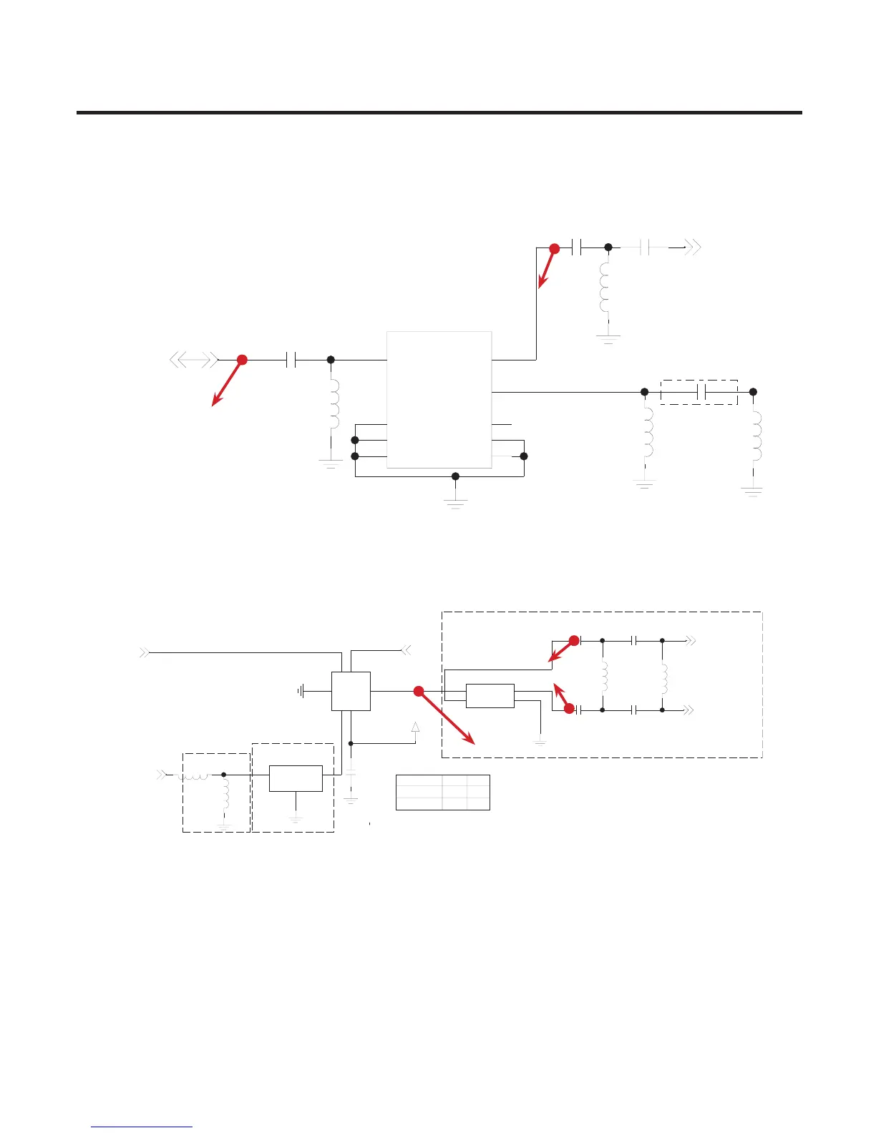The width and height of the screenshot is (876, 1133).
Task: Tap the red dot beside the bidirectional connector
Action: [x=242, y=360]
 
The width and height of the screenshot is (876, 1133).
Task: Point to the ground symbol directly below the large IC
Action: [x=455, y=501]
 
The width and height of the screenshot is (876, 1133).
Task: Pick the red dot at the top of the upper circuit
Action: [x=554, y=248]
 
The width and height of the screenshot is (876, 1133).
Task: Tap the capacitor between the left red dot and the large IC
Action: [x=291, y=360]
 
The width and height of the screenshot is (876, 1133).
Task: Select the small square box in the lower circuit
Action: [x=351, y=691]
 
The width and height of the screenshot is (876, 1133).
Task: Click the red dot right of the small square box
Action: [x=419, y=691]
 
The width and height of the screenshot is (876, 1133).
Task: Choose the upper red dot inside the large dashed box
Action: [x=574, y=640]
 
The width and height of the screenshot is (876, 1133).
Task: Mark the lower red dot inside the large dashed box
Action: [x=569, y=710]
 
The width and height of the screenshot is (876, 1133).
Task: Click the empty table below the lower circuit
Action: [x=442, y=792]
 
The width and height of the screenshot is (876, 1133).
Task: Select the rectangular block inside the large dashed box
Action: [x=490, y=696]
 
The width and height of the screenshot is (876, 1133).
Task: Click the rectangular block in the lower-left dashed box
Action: [x=296, y=778]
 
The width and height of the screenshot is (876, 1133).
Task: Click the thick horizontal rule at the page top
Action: [x=439, y=112]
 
